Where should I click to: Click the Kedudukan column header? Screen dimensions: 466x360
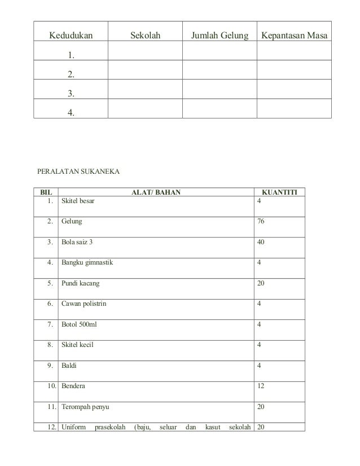pyautogui.click(x=71, y=37)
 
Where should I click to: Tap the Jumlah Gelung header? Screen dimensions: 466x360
pyautogui.click(x=219, y=37)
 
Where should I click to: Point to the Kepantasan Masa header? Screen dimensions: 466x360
pyautogui.click(x=294, y=37)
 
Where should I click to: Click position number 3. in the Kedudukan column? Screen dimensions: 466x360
pyautogui.click(x=71, y=93)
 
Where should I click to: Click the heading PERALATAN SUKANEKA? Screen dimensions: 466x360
pyautogui.click(x=74, y=169)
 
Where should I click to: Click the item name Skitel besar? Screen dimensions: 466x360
pyautogui.click(x=78, y=201)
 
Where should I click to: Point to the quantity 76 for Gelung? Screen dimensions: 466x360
pyautogui.click(x=261, y=222)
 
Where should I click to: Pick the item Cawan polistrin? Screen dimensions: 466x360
pyautogui.click(x=84, y=304)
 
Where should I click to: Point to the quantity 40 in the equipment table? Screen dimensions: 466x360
pyautogui.click(x=261, y=242)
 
